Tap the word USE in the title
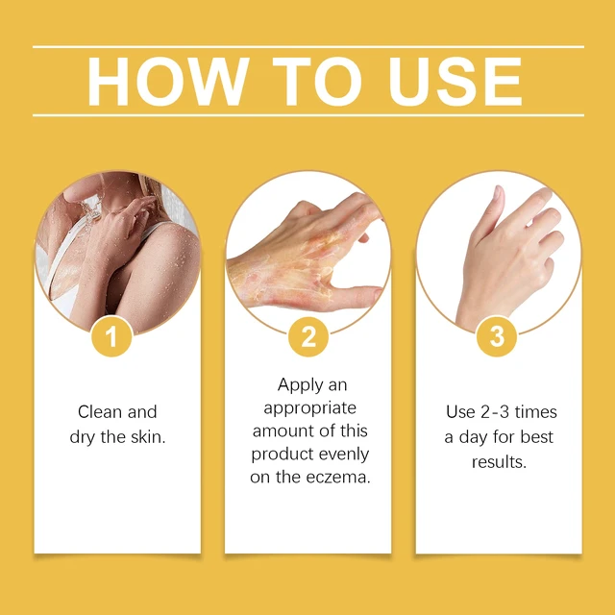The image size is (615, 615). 455,81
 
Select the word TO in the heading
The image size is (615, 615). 317,81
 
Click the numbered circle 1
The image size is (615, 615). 111,336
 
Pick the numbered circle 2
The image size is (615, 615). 308,336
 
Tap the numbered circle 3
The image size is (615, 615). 497,336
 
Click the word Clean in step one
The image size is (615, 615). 100,412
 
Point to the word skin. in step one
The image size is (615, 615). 148,437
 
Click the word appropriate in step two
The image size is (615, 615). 309,408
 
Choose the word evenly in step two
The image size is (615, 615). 344,455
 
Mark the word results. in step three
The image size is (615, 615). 499,461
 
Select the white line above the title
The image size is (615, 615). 308,47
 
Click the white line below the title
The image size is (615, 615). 308,115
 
